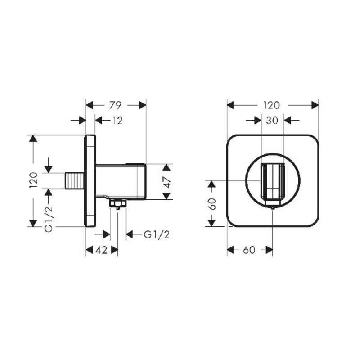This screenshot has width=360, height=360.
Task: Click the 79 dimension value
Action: click(x=115, y=105)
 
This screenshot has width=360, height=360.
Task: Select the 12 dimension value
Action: click(x=118, y=121)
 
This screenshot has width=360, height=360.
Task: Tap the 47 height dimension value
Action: click(x=168, y=182)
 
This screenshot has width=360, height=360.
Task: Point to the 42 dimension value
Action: click(x=102, y=250)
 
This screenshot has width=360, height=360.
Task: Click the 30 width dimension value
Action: click(x=272, y=120)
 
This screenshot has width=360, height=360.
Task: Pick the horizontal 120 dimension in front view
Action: click(x=272, y=105)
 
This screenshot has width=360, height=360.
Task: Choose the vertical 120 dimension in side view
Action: click(x=33, y=180)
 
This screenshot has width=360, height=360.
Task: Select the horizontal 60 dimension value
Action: click(x=250, y=250)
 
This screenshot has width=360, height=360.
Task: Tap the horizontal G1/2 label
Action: click(x=157, y=234)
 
